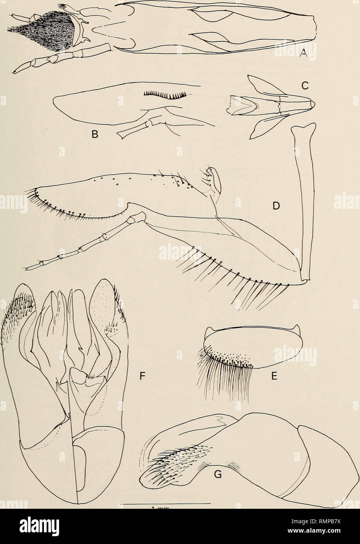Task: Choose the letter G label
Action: point(218,475)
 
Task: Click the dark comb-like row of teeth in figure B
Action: point(164,95)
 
